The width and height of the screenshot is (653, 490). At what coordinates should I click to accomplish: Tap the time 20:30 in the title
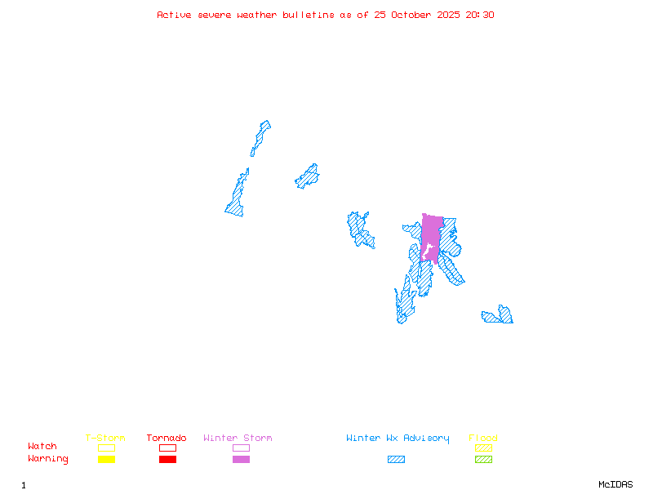[x=480, y=15]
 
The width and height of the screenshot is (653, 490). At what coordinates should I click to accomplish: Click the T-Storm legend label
[x=105, y=439]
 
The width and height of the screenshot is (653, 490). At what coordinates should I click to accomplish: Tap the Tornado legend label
[x=167, y=439]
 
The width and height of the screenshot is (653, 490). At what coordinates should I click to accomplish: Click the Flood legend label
[x=483, y=439]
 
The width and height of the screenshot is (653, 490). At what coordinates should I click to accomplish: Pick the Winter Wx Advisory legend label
[x=398, y=439]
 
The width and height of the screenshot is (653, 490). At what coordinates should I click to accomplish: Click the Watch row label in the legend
[x=42, y=447]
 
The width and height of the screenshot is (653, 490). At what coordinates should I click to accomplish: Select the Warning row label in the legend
[x=48, y=459]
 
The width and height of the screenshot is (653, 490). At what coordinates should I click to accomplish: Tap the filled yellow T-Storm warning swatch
[x=106, y=460]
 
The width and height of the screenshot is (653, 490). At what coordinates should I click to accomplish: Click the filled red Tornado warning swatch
[x=167, y=460]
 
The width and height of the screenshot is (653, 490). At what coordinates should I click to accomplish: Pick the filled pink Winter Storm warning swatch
[x=241, y=460]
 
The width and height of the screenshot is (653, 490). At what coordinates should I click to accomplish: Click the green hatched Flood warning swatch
[x=483, y=460]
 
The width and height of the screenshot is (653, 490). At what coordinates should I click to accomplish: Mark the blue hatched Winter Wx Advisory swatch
[x=396, y=460]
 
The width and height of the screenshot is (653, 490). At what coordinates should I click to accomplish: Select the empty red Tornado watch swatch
[x=167, y=448]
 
